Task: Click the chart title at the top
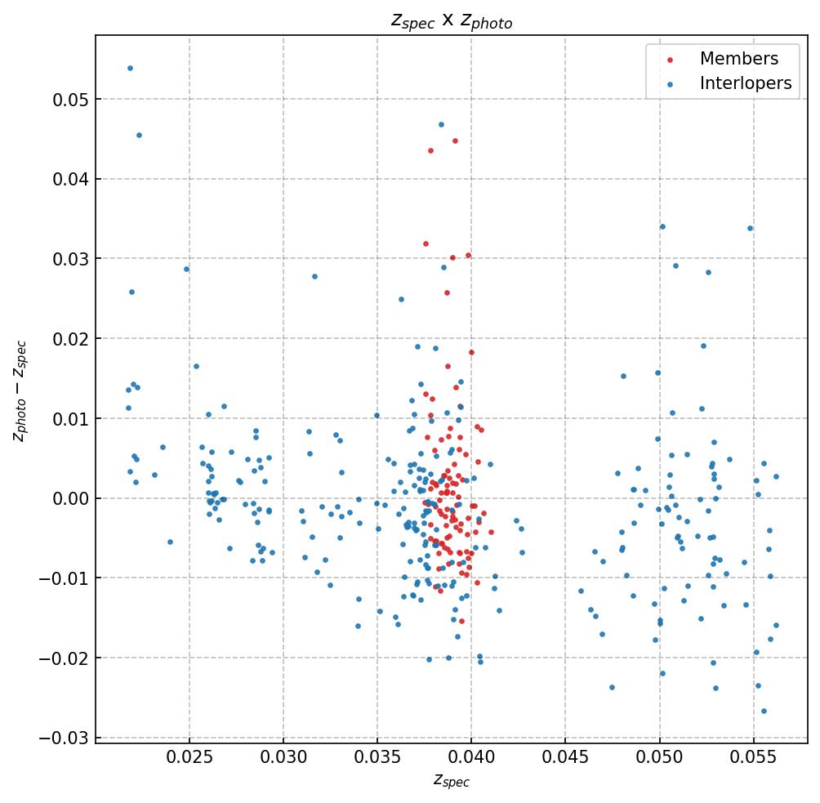tap(451, 20)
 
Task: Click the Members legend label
tap(738, 59)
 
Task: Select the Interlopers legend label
tap(745, 83)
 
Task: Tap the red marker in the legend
tap(670, 60)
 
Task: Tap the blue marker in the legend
tap(670, 84)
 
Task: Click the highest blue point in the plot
tap(130, 68)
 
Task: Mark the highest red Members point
tap(455, 141)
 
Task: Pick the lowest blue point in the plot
tap(764, 711)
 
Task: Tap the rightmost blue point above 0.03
tap(750, 228)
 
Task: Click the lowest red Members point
tap(461, 621)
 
